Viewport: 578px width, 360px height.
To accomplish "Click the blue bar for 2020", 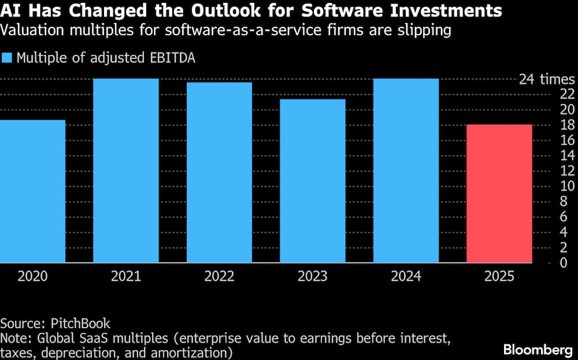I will pyautogui.click(x=32, y=191).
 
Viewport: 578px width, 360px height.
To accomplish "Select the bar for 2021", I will pyautogui.click(x=126, y=170).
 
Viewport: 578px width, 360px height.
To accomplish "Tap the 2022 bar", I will pyautogui.click(x=219, y=173).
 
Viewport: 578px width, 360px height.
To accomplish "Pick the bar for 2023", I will pyautogui.click(x=313, y=181).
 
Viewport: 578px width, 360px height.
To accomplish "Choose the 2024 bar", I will pyautogui.click(x=406, y=170).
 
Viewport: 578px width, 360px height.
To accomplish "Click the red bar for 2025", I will pyautogui.click(x=499, y=194).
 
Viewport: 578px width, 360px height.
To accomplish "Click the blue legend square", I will pyautogui.click(x=7, y=58).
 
